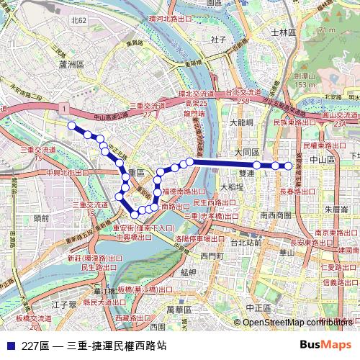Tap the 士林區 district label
(283, 32)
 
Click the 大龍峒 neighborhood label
(243, 123)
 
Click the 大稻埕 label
(233, 186)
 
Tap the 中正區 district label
(256, 307)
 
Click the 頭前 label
(41, 217)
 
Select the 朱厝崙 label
(336, 210)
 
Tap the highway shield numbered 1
(64, 107)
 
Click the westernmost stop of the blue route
(71, 126)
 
